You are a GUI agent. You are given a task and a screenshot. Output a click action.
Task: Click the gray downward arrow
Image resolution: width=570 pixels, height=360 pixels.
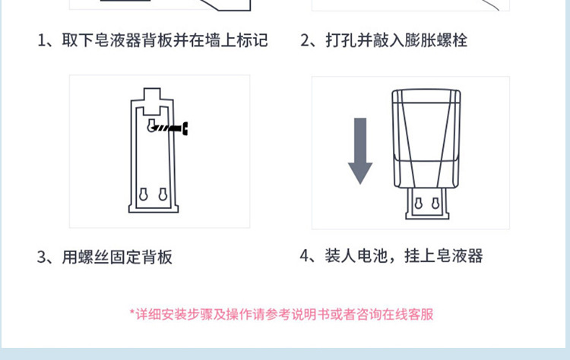tap(359, 150)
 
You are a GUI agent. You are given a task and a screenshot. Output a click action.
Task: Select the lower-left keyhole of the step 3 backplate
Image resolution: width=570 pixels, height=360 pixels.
tap(143, 194)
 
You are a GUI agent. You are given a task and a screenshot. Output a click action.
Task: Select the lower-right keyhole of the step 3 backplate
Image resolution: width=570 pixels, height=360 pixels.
tap(163, 194)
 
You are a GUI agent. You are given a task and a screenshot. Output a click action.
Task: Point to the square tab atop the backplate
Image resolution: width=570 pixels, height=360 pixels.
tap(154, 96)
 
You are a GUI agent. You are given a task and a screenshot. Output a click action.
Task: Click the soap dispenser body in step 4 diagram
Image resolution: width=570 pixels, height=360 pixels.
tap(425, 141)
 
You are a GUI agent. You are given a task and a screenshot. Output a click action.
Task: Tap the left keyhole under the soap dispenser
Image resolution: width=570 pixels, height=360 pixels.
tap(416, 204)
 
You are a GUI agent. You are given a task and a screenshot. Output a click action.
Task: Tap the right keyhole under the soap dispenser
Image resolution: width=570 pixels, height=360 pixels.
tap(434, 204)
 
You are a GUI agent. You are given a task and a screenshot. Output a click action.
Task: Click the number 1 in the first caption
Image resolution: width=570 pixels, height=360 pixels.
tap(43, 40)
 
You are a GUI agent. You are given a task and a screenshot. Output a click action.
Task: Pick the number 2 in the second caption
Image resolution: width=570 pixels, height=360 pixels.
tap(306, 40)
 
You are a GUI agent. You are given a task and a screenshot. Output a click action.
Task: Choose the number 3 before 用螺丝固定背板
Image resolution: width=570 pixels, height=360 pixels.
tap(43, 257)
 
